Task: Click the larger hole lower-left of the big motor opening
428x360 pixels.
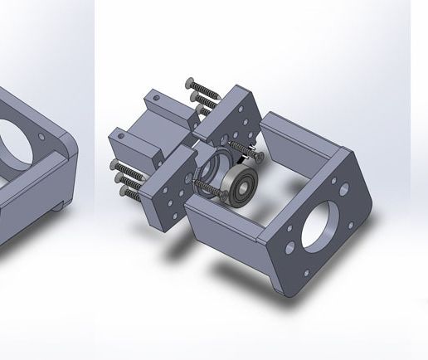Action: [x=289, y=247]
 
